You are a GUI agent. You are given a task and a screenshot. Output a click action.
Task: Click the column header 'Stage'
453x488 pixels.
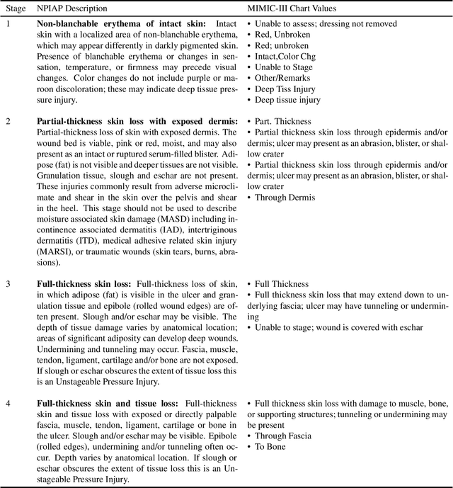[x=17, y=8]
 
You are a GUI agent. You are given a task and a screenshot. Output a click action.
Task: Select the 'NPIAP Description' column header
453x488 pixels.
[x=72, y=8]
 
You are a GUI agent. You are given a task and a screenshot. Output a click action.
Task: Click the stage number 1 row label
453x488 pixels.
[x=8, y=24]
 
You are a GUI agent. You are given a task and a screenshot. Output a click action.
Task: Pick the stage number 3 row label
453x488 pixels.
[x=8, y=284]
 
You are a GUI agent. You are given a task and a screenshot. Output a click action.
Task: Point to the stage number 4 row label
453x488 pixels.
[x=8, y=402]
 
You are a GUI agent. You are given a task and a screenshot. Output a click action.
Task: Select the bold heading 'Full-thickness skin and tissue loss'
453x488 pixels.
[x=107, y=402]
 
